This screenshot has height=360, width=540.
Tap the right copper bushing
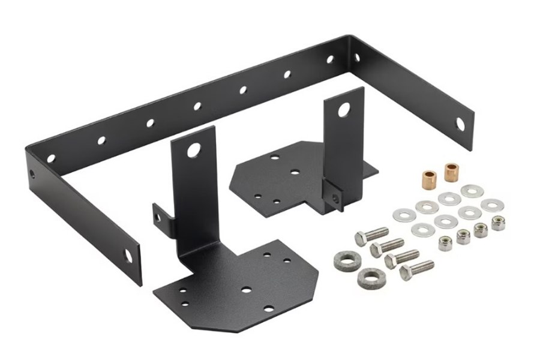[x=450, y=172]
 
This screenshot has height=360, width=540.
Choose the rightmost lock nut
[x=497, y=223]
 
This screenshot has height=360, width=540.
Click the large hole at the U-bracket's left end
[x=128, y=254]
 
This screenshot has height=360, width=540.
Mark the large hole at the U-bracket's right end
[x=460, y=125]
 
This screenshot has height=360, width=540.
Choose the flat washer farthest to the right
[x=491, y=205]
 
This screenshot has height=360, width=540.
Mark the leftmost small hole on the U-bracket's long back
[x=51, y=158]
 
